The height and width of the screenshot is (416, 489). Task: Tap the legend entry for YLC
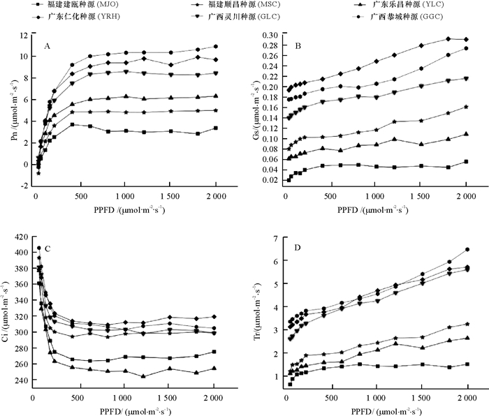[x=419, y=5]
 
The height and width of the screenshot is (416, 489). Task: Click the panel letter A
[x=48, y=46]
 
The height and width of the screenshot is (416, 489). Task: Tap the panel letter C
[x=47, y=248]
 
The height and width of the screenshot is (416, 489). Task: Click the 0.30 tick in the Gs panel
[x=268, y=35]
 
